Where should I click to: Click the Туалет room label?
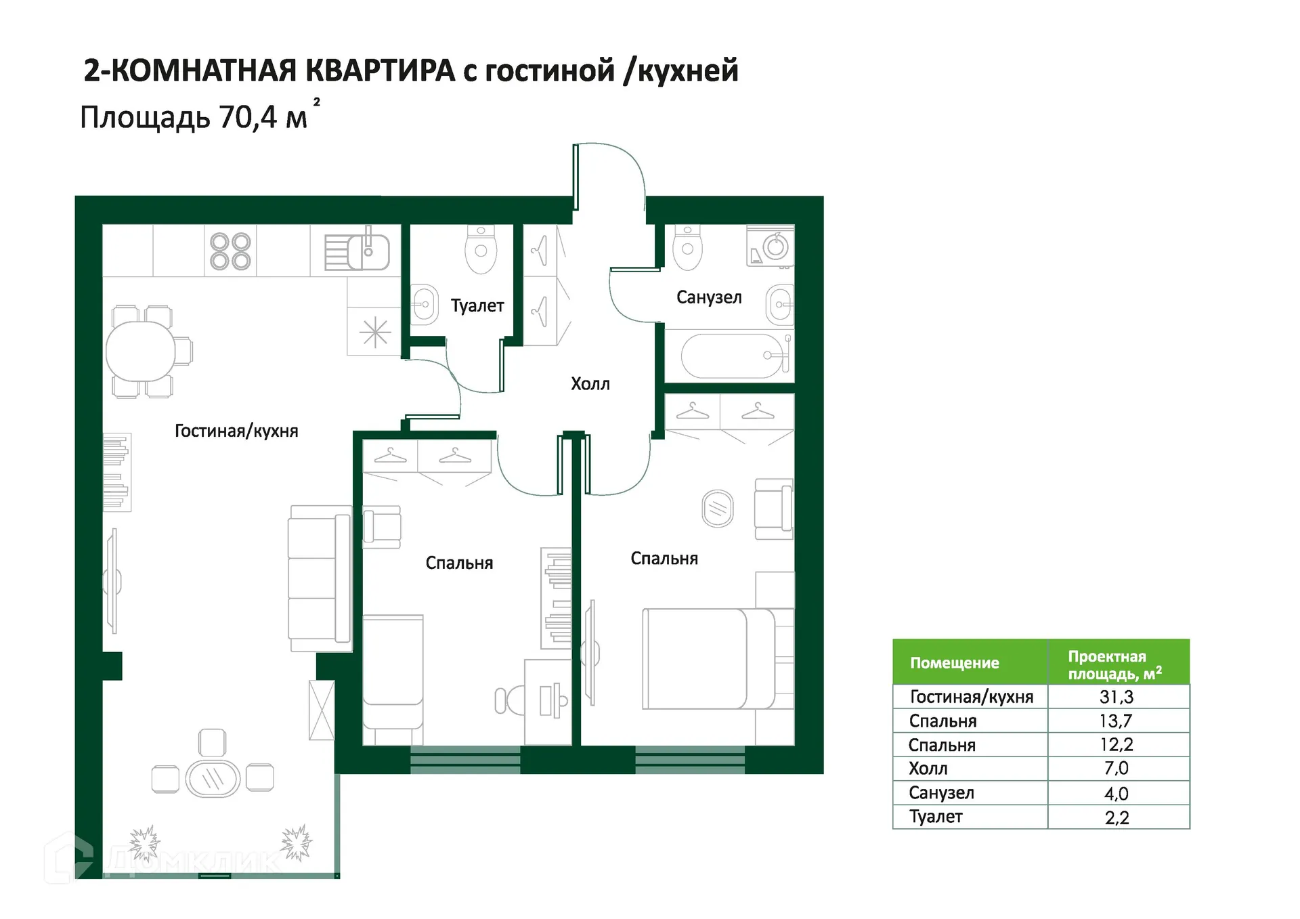coord(477,306)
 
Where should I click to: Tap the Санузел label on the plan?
coord(709,297)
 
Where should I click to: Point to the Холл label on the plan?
coord(590,384)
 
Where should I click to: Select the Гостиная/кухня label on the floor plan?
coord(236,431)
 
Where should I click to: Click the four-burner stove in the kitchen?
coord(230,251)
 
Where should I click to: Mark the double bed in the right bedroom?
coord(708,658)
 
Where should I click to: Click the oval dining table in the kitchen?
coord(141,351)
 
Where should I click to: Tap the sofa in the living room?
coord(320,578)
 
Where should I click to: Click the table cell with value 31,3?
coord(1117,697)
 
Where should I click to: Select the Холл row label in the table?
coord(928,769)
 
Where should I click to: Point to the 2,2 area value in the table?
coord(1117,817)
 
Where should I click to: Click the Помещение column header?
coord(954,663)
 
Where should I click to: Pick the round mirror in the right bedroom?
coord(718,509)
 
